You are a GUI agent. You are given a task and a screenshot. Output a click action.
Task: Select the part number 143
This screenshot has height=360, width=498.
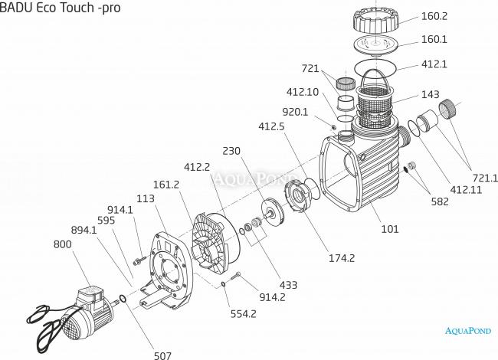point(430,96)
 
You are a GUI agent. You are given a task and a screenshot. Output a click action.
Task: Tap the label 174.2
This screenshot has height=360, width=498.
point(341,258)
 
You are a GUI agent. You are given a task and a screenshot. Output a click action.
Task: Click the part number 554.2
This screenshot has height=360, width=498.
point(244,313)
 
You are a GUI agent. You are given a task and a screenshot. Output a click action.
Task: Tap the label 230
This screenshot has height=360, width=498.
point(232,151)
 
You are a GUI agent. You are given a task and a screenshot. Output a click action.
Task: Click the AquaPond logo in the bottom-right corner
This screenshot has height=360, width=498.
point(467,331)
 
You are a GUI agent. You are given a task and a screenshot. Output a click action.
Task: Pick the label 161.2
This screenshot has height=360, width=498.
point(166,185)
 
